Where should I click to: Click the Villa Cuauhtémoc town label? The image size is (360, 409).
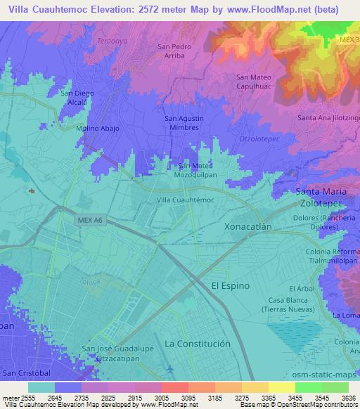184,200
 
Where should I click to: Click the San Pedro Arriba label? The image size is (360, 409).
174,53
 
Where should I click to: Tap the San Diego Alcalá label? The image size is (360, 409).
77,97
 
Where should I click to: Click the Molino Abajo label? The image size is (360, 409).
98,129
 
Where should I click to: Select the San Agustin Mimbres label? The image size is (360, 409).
186,124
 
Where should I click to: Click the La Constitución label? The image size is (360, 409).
197,344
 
